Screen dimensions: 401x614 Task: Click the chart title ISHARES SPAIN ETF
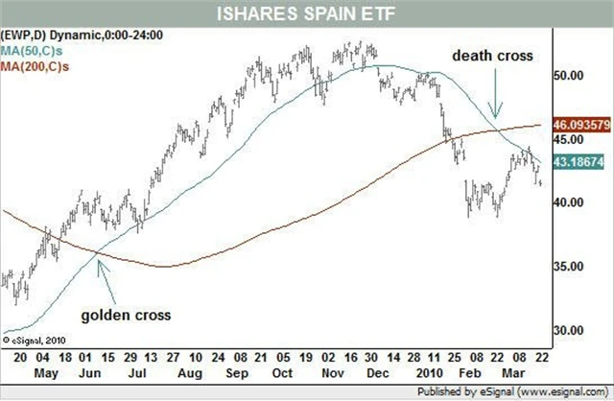click(307, 14)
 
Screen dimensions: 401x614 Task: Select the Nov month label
click(332, 368)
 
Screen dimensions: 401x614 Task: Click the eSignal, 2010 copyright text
click(35, 338)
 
